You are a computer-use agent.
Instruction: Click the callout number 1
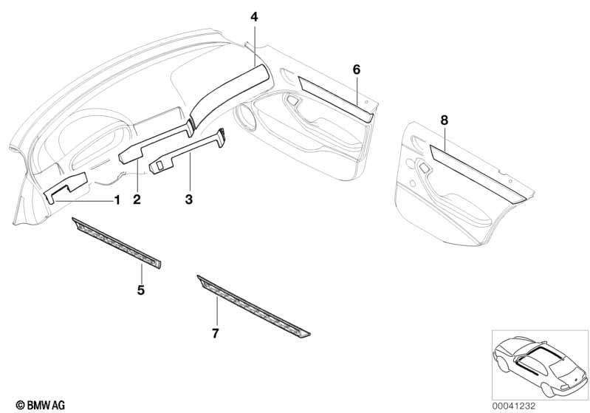(x=117, y=200)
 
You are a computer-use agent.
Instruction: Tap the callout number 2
(x=137, y=199)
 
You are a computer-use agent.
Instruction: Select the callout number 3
(x=189, y=199)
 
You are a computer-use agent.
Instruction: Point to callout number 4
(x=254, y=17)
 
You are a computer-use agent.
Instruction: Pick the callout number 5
(x=141, y=290)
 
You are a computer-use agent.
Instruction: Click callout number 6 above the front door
(x=357, y=69)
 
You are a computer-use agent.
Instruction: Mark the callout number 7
(x=215, y=333)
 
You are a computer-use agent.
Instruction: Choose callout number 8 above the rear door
(x=445, y=120)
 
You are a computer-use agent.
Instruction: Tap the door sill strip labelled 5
(x=117, y=242)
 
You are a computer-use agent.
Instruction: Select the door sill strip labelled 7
(x=253, y=307)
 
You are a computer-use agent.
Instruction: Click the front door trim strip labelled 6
(x=336, y=99)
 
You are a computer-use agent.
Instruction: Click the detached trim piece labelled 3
(x=188, y=152)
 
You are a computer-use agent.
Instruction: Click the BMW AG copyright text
(x=41, y=405)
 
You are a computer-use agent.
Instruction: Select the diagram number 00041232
(x=513, y=406)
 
